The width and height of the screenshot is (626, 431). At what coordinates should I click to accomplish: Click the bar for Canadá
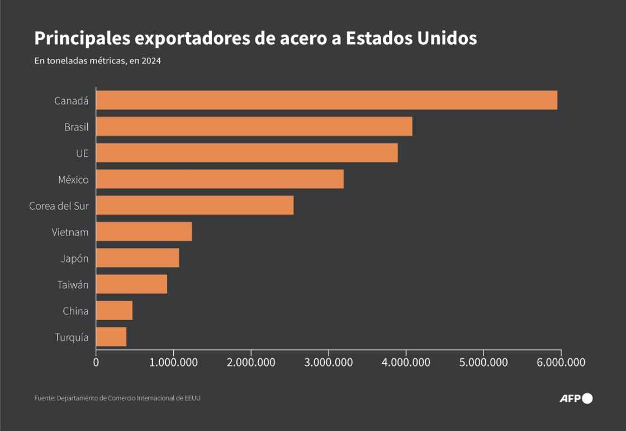(x=326, y=100)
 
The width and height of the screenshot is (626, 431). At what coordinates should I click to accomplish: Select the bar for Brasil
(x=254, y=127)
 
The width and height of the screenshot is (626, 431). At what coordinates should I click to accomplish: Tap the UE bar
(x=247, y=153)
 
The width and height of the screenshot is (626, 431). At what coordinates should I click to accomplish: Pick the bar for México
(x=220, y=179)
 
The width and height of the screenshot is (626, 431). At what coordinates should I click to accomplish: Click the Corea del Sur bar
(x=195, y=205)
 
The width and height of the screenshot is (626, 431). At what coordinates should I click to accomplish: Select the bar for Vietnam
(x=144, y=232)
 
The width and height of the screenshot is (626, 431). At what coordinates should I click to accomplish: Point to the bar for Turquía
(x=111, y=337)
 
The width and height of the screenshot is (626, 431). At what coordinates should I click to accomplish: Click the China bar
(x=114, y=311)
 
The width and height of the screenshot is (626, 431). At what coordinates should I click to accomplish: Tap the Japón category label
(x=74, y=259)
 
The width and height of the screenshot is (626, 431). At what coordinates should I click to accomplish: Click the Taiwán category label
(x=73, y=285)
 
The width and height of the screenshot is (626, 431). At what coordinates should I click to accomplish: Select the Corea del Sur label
(x=59, y=206)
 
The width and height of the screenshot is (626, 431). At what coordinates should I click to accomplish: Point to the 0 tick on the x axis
(x=96, y=362)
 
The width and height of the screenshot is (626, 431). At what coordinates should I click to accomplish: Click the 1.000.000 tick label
(x=173, y=362)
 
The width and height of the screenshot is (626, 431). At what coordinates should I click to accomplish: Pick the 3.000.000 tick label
(x=329, y=362)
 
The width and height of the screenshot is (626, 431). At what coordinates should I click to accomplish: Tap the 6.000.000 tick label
(x=561, y=362)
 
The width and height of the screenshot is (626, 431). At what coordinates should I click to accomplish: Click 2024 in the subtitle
(x=151, y=62)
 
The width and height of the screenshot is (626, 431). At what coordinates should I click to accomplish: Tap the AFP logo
(x=576, y=399)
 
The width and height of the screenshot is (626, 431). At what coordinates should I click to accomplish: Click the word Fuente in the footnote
(x=44, y=398)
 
